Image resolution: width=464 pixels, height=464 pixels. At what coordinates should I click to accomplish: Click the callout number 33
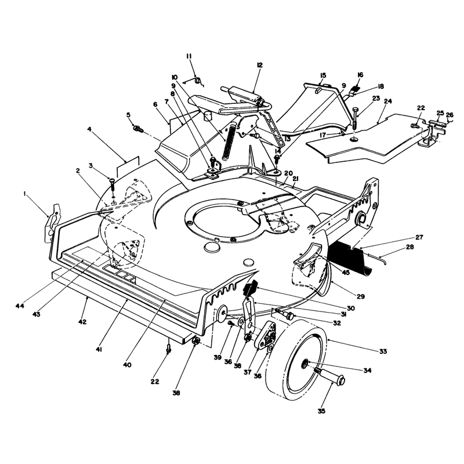[x=383, y=351]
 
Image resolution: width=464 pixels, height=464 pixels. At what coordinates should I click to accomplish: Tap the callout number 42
[x=82, y=322]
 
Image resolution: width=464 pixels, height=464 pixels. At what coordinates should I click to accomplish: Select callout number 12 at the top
[x=260, y=65]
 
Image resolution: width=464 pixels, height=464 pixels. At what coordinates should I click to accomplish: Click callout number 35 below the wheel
[x=321, y=411]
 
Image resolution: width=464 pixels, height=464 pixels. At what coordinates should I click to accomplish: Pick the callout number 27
[x=419, y=237]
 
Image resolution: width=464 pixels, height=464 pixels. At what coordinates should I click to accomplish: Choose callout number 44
[x=20, y=306]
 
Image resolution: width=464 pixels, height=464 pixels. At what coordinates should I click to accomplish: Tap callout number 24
[x=388, y=101]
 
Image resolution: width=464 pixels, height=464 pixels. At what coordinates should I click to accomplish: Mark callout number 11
[x=190, y=56]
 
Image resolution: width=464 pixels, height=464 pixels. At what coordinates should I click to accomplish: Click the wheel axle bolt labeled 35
[x=331, y=374]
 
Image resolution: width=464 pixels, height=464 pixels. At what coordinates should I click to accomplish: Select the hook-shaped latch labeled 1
[x=53, y=223]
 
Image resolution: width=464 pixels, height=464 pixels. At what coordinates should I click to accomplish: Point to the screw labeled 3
[x=113, y=186]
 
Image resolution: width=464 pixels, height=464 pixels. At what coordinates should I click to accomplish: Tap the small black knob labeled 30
[x=250, y=288]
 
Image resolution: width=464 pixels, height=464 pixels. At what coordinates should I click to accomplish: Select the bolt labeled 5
[x=138, y=129]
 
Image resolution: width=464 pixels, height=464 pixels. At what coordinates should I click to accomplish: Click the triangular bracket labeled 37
[x=266, y=335]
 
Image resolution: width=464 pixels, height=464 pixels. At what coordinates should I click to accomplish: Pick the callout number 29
[x=361, y=296]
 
